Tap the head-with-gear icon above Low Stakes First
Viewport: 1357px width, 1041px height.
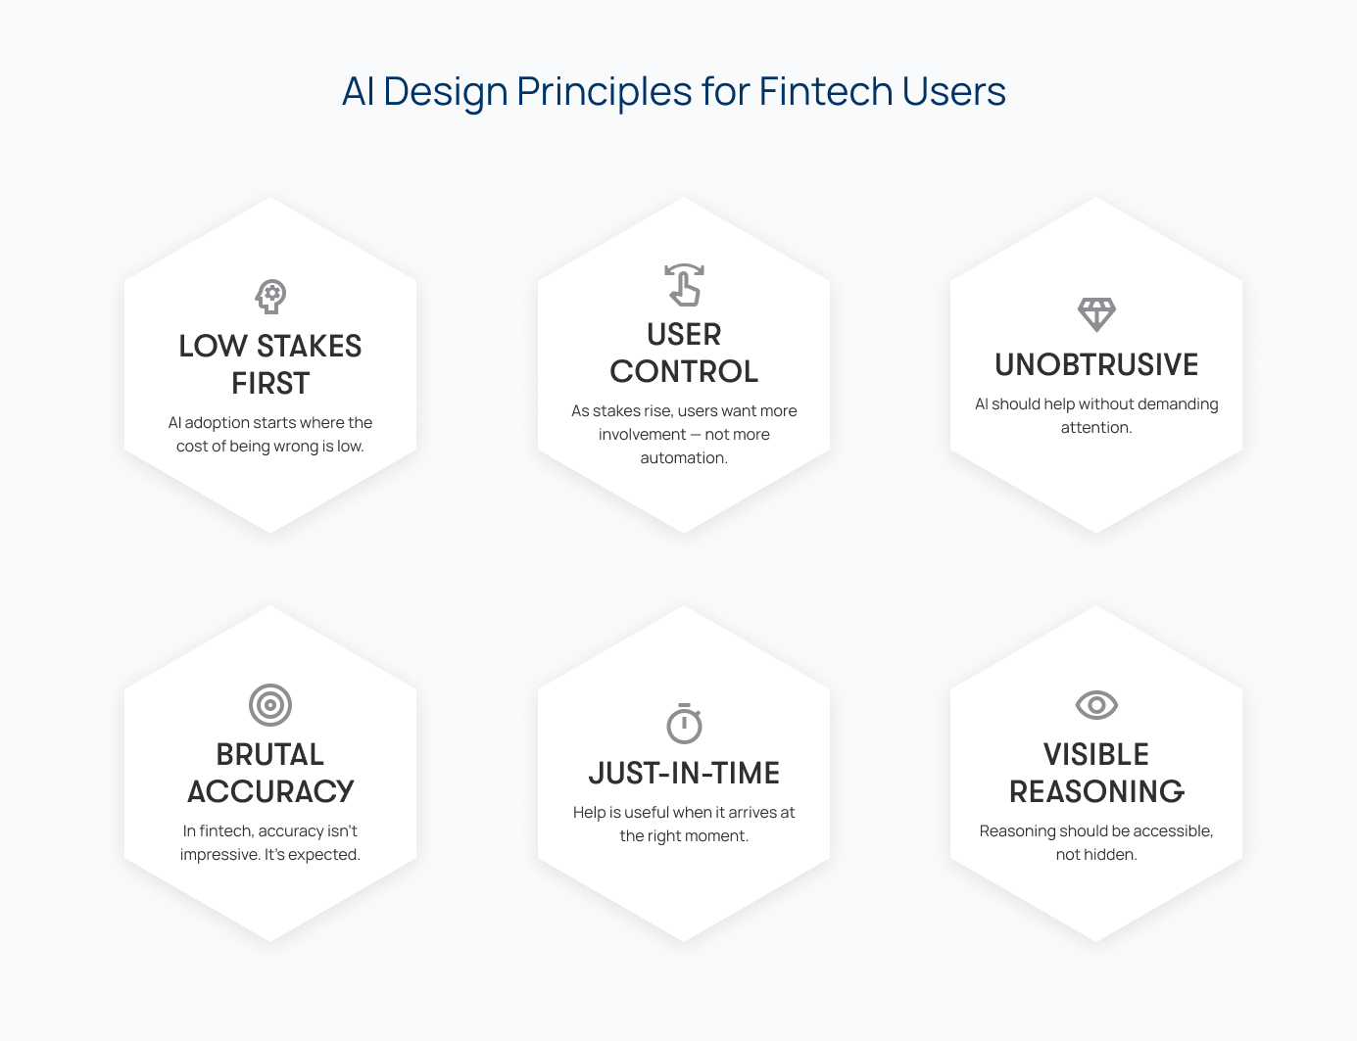point(271,297)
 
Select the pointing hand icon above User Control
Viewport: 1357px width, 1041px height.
point(684,285)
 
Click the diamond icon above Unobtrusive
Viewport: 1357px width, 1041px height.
point(1096,314)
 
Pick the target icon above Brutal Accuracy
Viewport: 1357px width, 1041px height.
point(270,705)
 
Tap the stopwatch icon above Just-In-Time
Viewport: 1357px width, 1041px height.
point(685,724)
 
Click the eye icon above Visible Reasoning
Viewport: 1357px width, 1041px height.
point(1096,705)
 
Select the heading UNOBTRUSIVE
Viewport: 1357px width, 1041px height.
point(1096,365)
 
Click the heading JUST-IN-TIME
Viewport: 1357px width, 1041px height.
point(684,774)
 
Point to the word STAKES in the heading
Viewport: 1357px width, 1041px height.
point(309,347)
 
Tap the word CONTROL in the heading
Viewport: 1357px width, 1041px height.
point(684,371)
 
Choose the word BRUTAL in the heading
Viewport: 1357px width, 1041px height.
point(270,754)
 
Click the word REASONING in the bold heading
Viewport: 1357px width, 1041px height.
point(1096,791)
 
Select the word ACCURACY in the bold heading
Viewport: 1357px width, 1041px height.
point(270,791)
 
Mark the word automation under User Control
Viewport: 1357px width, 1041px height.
point(684,458)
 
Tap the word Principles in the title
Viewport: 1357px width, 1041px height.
point(605,92)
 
